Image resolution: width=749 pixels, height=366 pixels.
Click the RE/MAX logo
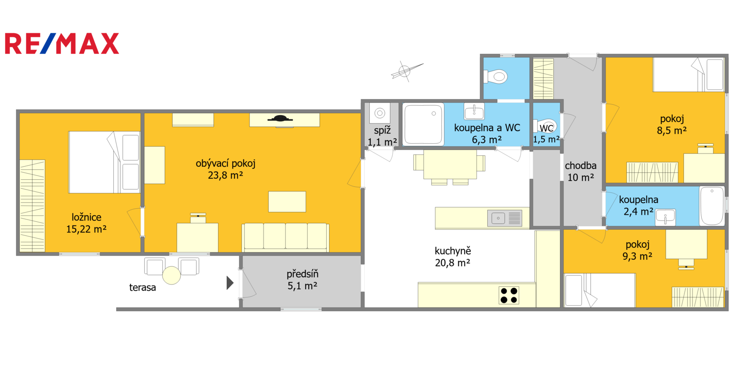[x=62, y=44]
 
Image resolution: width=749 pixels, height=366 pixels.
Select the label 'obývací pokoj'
[x=225, y=164]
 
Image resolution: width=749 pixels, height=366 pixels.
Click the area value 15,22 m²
[x=86, y=229]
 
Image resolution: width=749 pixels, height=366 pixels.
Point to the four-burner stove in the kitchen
[x=508, y=295]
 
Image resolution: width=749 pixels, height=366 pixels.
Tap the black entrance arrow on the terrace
[x=230, y=283]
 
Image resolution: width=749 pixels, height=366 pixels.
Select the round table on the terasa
[x=171, y=275]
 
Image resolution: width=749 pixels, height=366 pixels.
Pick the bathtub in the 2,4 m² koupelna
[x=712, y=206]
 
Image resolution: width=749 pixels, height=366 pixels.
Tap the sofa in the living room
[x=285, y=237]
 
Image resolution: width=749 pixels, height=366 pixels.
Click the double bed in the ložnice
[x=104, y=162]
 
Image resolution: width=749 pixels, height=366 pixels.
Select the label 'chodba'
[x=581, y=166]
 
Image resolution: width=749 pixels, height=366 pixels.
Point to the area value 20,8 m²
[x=452, y=263]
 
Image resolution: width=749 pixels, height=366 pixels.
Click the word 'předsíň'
[x=302, y=274]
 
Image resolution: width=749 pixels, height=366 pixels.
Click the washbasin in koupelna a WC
[x=474, y=111]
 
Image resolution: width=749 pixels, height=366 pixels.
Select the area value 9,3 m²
[x=637, y=256]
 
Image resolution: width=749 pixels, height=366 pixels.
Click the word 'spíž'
[x=382, y=131]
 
